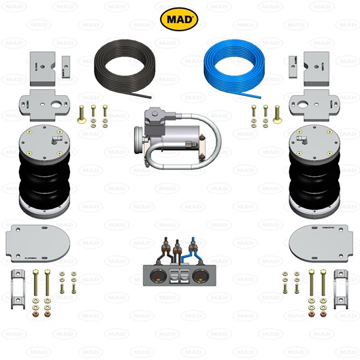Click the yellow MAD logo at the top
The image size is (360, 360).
[179, 19]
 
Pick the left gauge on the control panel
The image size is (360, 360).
[157, 276]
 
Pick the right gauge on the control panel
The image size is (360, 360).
[201, 276]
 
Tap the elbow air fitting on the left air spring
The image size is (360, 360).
[55, 140]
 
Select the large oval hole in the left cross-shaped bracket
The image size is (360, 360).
[56, 105]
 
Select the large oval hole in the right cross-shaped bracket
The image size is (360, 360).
[303, 105]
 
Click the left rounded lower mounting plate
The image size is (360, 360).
[38, 244]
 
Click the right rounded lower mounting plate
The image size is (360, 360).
[321, 244]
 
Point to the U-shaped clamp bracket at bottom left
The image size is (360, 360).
[18, 289]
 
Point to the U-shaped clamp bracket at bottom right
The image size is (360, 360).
[341, 289]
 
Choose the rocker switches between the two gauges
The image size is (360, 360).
[179, 276]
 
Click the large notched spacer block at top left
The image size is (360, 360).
[42, 69]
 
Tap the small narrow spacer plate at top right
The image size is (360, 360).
[293, 67]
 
